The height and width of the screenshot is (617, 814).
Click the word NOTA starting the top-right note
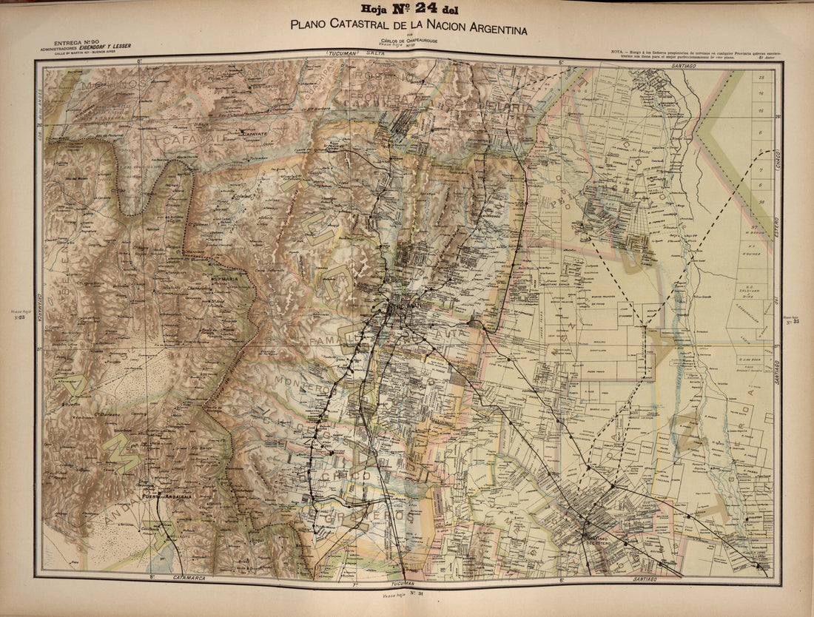619,50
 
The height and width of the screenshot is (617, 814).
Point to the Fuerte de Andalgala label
167,496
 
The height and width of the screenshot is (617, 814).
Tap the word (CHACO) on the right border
778,162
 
